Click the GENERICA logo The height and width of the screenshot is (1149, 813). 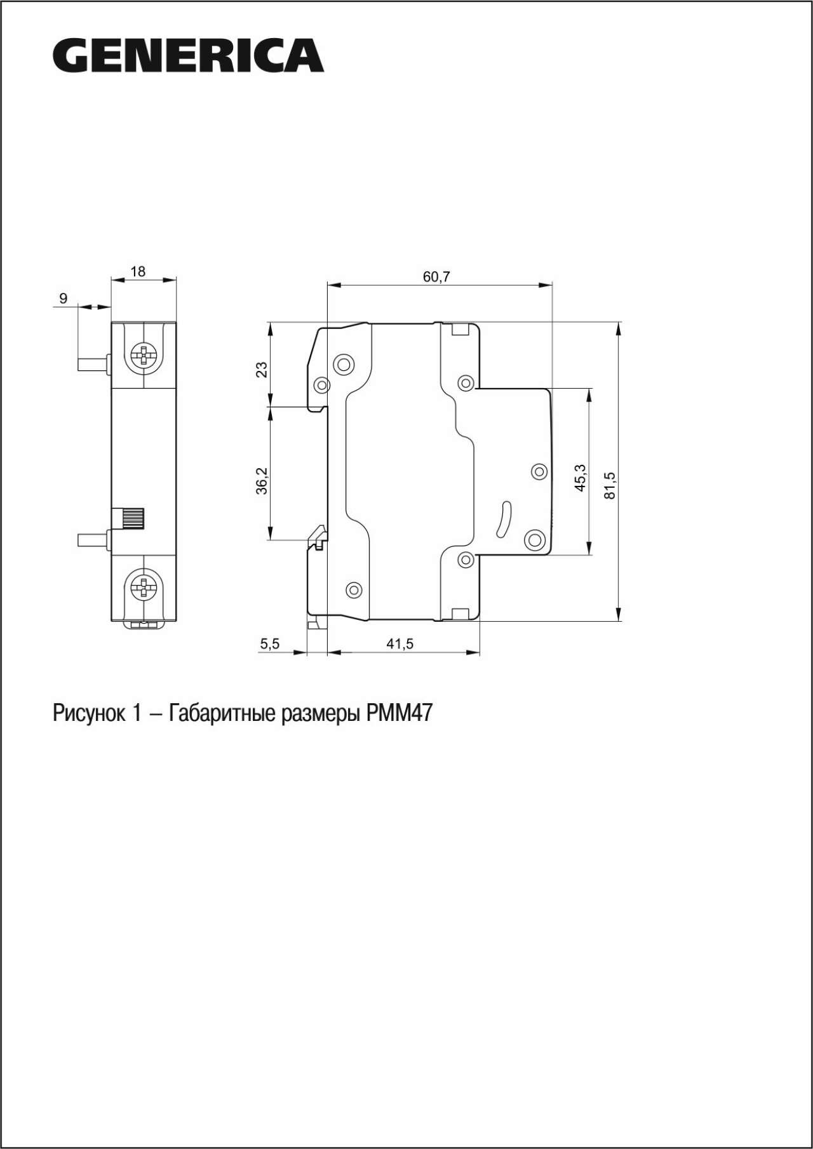[x=188, y=55]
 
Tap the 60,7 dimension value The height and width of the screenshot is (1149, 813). [x=436, y=276]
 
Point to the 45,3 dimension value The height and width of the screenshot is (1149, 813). [x=581, y=478]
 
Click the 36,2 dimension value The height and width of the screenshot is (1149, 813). [x=262, y=480]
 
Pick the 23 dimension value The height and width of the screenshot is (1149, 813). [x=262, y=370]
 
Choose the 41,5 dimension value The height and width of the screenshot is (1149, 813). [x=400, y=643]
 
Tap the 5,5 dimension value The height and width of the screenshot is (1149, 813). [x=269, y=643]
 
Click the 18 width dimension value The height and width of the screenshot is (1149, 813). [x=138, y=271]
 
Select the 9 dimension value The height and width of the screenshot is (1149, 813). [x=63, y=298]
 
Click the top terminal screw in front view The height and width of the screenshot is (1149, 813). [x=144, y=358]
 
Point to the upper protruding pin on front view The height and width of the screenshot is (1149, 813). [x=93, y=364]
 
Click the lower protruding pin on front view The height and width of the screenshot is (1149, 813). [x=93, y=540]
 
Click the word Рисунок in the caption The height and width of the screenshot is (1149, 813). [x=90, y=713]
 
